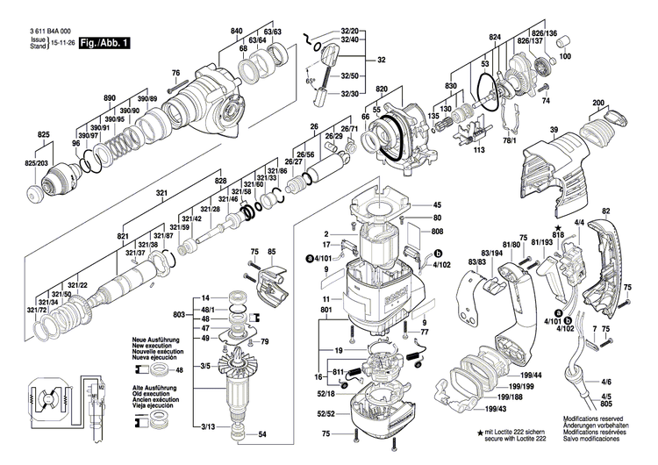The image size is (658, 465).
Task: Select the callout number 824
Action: pos(495,37)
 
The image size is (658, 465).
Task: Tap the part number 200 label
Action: pos(599,104)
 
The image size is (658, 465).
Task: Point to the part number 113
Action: pos(479,150)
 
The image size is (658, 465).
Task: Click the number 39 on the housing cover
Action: pos(554,131)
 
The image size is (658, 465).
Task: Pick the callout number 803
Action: pos(179,314)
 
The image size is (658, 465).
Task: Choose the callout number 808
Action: pos(437,232)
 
